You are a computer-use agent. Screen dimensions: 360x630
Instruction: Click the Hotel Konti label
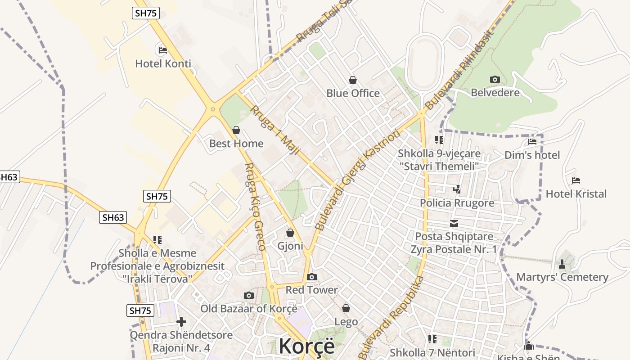point(163,64)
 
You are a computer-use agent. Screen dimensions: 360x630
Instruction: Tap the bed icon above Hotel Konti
point(163,50)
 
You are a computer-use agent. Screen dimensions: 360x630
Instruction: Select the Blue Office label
point(353,93)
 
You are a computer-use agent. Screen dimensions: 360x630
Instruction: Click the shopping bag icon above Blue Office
point(353,80)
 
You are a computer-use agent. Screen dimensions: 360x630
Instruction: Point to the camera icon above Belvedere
point(495,80)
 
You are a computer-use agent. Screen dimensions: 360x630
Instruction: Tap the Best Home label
point(236,144)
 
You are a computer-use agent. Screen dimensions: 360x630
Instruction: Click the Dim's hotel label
point(532,155)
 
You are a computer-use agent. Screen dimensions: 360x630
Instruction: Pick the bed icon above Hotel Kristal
point(576,181)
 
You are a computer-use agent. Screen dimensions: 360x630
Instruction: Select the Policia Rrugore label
point(457,203)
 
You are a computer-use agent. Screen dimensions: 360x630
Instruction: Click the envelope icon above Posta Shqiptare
point(454,224)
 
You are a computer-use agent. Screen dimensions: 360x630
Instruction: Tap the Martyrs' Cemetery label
point(562,277)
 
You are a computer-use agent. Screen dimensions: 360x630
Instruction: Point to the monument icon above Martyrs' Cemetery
point(562,264)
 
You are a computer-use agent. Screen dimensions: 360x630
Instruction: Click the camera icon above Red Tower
point(311,277)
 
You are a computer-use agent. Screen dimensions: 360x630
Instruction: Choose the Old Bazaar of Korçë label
point(249,309)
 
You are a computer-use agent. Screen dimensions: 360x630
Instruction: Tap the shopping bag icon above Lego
point(346,308)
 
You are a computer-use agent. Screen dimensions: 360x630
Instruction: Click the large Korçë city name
point(306,346)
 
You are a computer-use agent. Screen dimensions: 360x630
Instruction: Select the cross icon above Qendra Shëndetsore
point(181,322)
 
